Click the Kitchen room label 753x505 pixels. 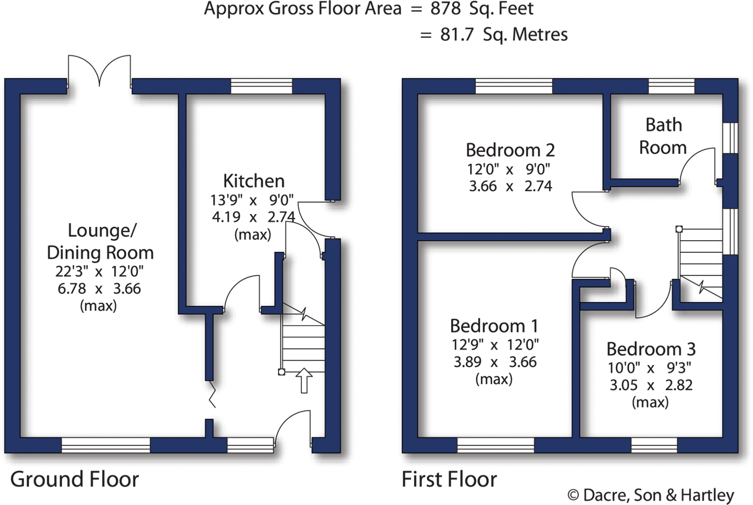254,181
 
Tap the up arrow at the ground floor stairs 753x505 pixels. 304,380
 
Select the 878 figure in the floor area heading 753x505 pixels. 445,9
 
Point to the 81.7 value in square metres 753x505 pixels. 457,35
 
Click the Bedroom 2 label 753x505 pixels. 510,150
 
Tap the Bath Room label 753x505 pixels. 663,136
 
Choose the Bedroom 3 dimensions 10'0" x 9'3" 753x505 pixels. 649,367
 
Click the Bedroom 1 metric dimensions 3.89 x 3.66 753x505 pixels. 495,362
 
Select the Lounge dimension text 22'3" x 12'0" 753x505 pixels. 99,272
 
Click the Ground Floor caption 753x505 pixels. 74,479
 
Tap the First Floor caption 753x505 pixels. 449,479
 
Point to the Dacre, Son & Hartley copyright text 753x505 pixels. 650,495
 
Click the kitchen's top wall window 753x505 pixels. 261,86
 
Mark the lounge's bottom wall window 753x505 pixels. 106,445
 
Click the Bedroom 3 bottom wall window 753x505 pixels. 654,445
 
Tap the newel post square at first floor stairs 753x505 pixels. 679,229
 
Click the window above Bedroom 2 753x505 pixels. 514,86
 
